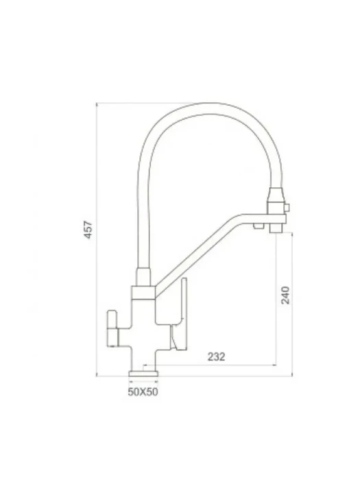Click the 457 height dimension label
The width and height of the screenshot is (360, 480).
point(88,229)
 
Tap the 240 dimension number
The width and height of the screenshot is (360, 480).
point(285,295)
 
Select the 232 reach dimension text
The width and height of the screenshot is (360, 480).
point(217,357)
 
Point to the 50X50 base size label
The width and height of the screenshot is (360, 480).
point(143,392)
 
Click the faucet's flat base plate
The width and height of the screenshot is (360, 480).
point(143,374)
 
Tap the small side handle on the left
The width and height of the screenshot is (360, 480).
point(112,328)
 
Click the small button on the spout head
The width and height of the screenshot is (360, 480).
point(287,208)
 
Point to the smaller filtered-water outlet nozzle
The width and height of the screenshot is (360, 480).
point(259,226)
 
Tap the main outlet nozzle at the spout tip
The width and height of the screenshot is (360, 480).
point(276,228)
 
